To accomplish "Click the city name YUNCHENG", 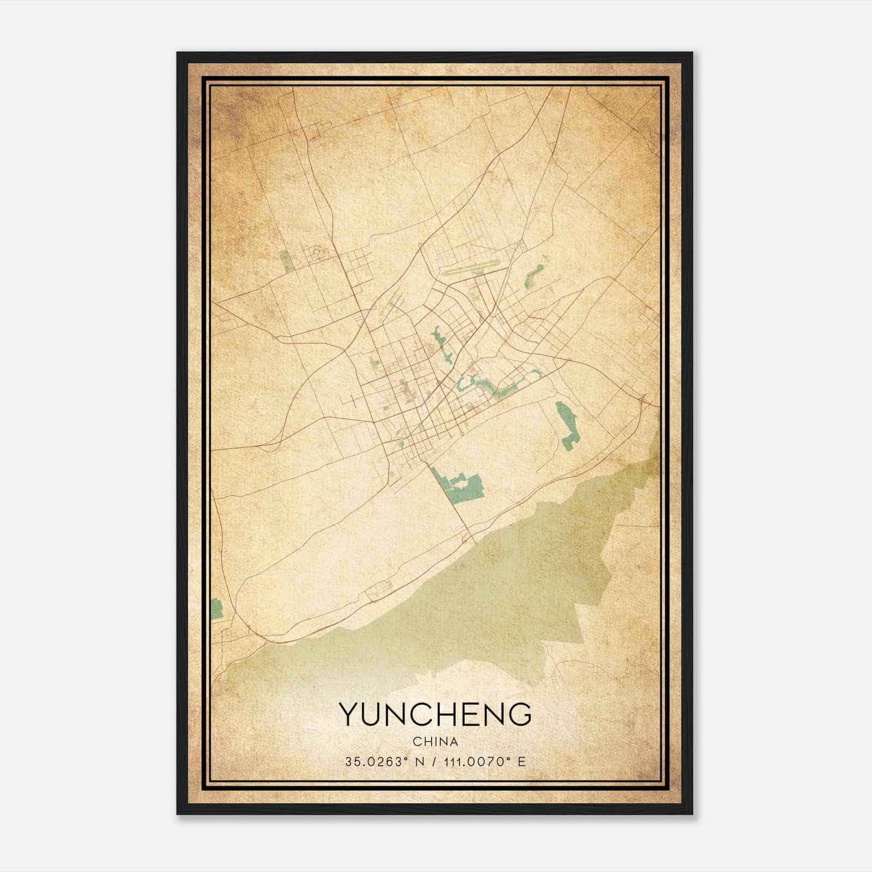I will [435, 714].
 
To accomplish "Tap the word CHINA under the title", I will [435, 742].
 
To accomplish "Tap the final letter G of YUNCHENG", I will [520, 714].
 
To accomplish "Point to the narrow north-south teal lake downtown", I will [440, 343].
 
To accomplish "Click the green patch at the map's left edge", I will [217, 608].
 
